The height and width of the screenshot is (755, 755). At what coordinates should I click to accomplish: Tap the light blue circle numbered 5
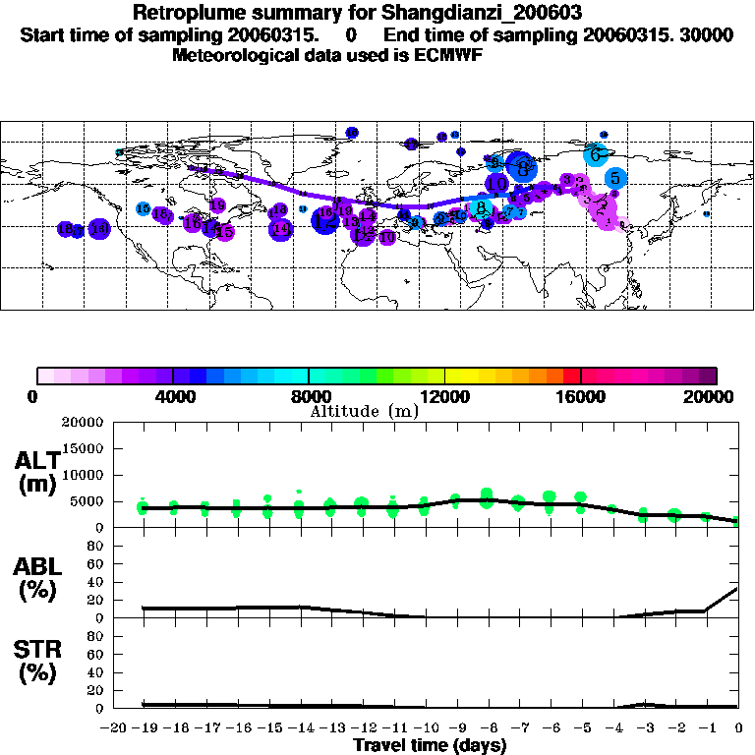615,178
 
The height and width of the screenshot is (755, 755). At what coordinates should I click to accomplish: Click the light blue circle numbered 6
595,154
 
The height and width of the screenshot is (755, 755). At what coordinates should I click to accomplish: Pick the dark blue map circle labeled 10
497,183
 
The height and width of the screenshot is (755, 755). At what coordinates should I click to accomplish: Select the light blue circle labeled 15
144,208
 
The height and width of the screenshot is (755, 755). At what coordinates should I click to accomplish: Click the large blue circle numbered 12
324,221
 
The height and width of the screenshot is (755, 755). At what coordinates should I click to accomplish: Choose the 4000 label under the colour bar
173,396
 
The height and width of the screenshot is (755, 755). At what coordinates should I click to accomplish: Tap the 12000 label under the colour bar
444,396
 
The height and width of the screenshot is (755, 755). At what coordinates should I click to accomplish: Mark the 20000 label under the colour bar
716,396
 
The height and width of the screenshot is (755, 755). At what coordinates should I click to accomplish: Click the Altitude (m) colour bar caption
364,411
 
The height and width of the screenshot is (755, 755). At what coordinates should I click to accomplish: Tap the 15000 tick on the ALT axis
82,448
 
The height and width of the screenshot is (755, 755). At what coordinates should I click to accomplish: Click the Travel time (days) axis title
431,745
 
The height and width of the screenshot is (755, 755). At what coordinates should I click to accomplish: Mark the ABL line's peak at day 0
738,589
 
